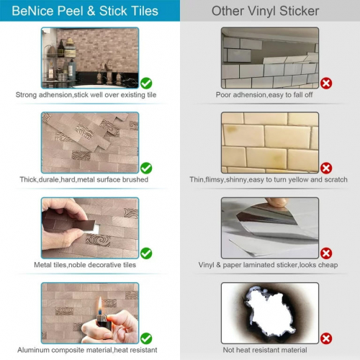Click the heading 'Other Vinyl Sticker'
(x=269, y=11)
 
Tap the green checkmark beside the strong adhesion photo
(x=146, y=83)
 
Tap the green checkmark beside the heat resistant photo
(x=146, y=338)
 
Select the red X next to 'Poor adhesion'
(x=326, y=83)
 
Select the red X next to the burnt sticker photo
(x=326, y=338)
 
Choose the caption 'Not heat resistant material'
(x=267, y=350)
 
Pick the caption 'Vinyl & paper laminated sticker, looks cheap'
(x=267, y=265)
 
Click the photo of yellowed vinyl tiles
(x=269, y=141)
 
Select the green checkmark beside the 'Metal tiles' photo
(x=146, y=253)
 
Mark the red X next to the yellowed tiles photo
(x=326, y=168)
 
